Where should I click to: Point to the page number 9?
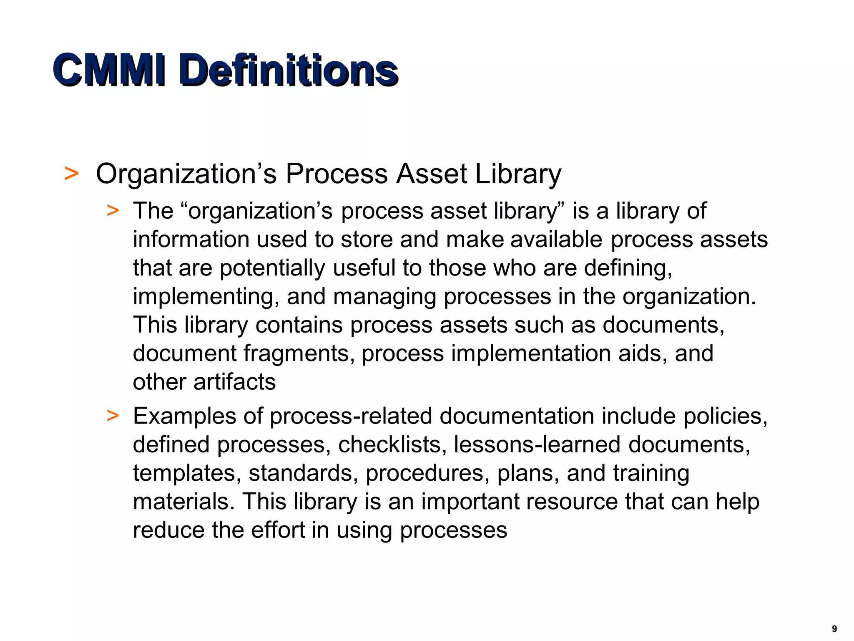834,629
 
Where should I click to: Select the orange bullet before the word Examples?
113,416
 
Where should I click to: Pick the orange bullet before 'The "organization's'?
113,210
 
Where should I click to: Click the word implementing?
206,297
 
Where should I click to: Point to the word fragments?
299,353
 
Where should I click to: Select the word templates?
187,473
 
